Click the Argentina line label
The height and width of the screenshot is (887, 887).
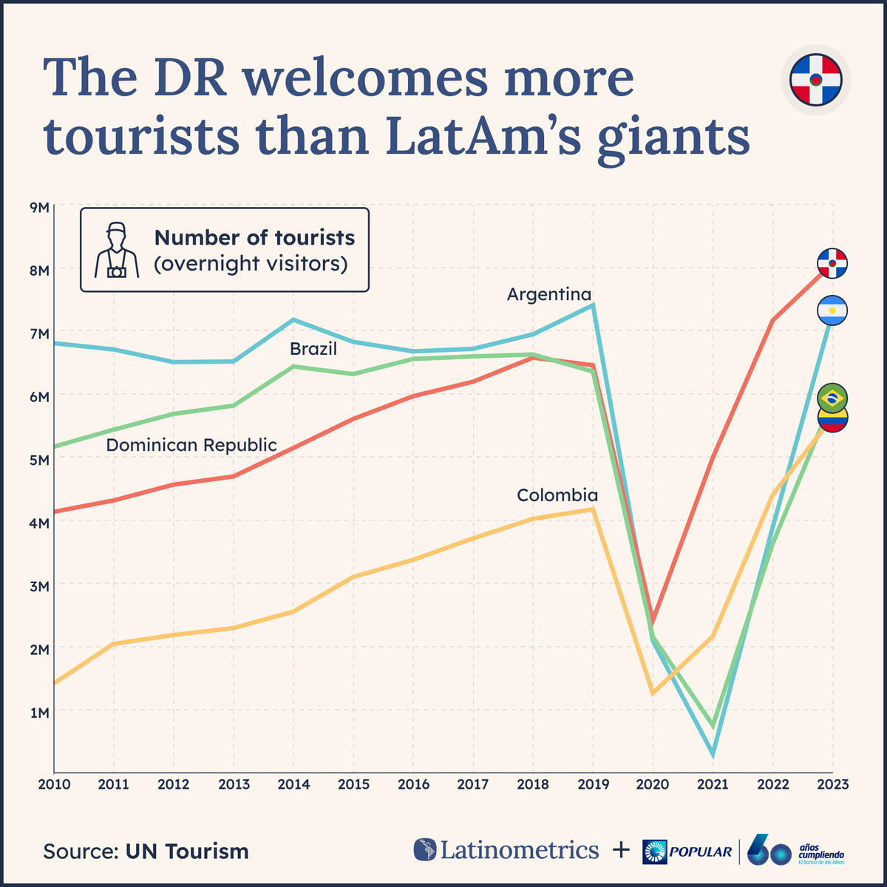pyautogui.click(x=549, y=294)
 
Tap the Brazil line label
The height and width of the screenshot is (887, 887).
pyautogui.click(x=313, y=349)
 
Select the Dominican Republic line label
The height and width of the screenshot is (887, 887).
pyautogui.click(x=191, y=445)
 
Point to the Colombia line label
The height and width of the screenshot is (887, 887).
pyautogui.click(x=557, y=495)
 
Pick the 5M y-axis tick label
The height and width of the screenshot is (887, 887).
pyautogui.click(x=38, y=460)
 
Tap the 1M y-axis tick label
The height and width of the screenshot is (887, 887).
pyautogui.click(x=38, y=713)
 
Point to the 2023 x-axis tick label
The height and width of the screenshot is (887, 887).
pyautogui.click(x=833, y=784)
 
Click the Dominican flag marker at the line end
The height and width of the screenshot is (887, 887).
pyautogui.click(x=832, y=263)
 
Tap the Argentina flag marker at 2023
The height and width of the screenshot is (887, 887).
pyautogui.click(x=832, y=310)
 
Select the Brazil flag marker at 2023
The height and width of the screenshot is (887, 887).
pyautogui.click(x=832, y=398)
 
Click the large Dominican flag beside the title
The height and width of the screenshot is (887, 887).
pyautogui.click(x=815, y=79)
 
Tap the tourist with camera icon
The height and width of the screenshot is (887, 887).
pyautogui.click(x=116, y=250)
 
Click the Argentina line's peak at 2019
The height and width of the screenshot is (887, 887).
pyautogui.click(x=593, y=305)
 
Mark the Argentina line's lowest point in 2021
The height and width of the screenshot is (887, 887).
pyautogui.click(x=713, y=755)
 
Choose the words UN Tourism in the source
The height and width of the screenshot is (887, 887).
pyautogui.click(x=187, y=851)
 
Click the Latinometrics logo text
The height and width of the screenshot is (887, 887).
pyautogui.click(x=519, y=850)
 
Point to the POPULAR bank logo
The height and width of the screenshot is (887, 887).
pyautogui.click(x=687, y=852)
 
